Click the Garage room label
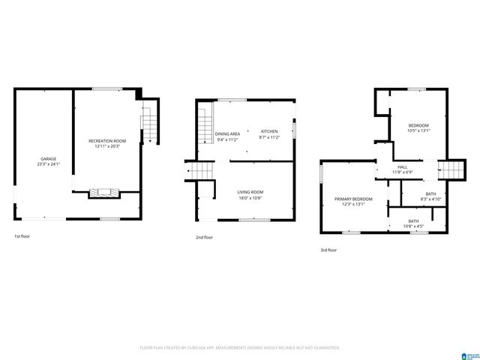(x=49, y=158)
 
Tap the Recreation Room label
(x=107, y=141)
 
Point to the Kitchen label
(x=268, y=132)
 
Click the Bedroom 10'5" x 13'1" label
(x=418, y=124)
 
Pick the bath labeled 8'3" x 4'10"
(x=430, y=193)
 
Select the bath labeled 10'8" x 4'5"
(x=413, y=220)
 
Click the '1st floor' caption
(x=22, y=236)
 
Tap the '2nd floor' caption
(x=203, y=237)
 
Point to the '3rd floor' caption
(x=328, y=250)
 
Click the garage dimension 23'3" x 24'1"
(x=49, y=164)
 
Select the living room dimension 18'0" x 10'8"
(x=250, y=198)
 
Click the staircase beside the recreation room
(x=148, y=125)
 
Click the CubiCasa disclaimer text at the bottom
(x=240, y=348)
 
